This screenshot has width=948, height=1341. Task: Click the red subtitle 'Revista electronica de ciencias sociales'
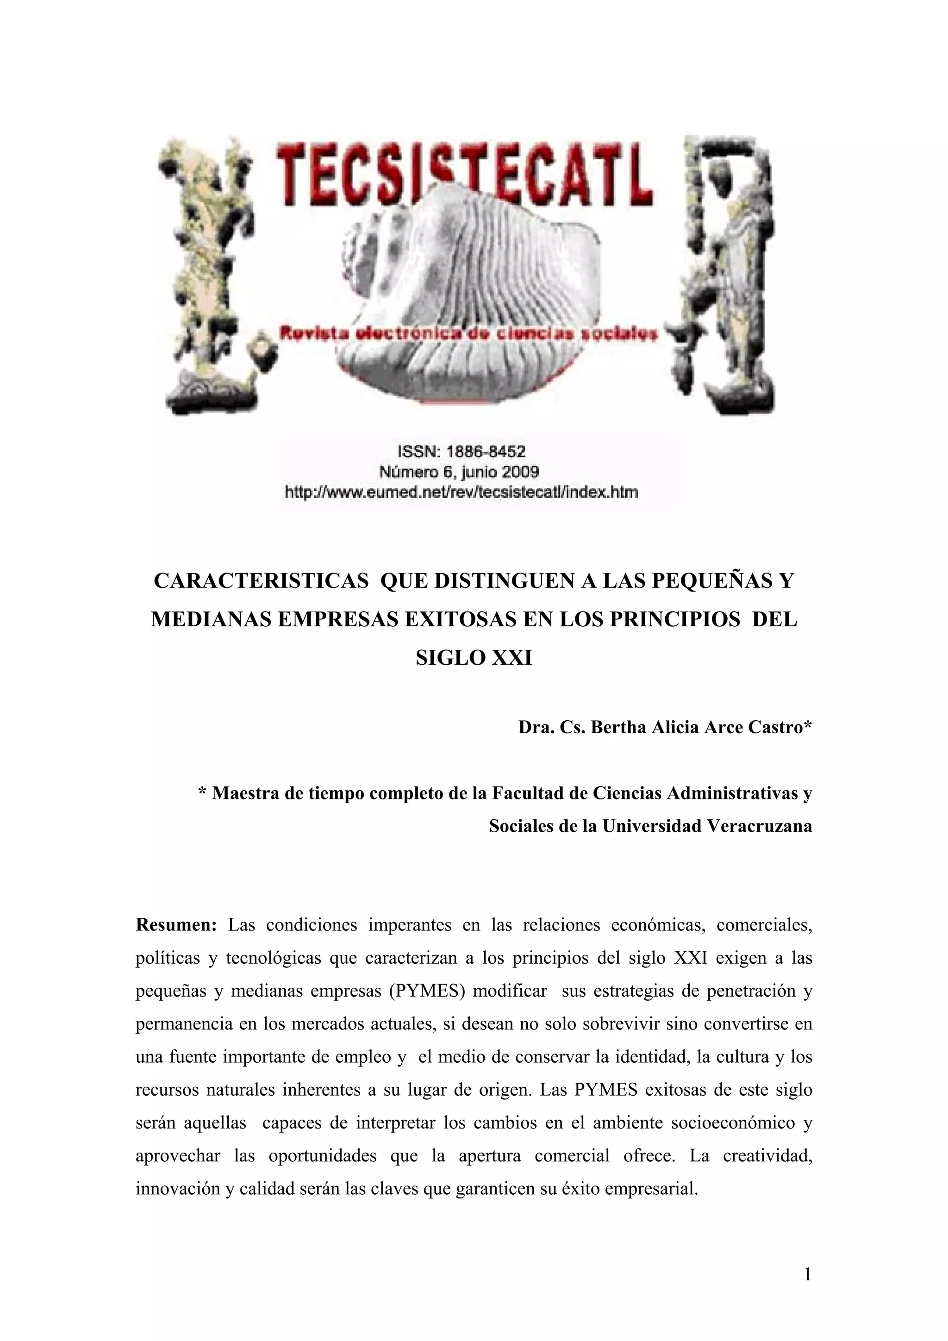(x=469, y=334)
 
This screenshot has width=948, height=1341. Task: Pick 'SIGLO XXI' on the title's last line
(x=474, y=658)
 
